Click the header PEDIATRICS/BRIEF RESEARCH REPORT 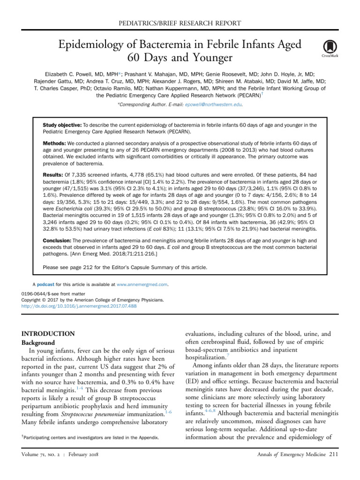point(180,23)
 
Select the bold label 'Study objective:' point(62,125)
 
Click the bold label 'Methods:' point(54,143)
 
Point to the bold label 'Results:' point(53,174)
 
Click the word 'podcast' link point(45,284)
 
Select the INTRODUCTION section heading point(49,334)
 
